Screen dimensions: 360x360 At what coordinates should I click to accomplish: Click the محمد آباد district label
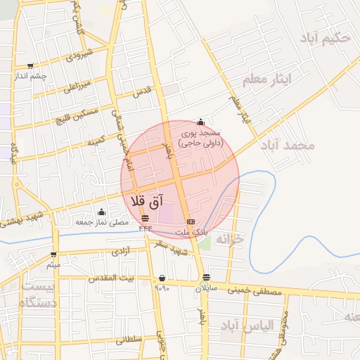(287, 145)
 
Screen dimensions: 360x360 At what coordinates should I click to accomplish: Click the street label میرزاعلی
(77, 87)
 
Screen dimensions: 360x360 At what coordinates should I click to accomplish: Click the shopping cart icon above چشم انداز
(30, 65)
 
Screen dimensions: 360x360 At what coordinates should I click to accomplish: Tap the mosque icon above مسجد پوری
(201, 122)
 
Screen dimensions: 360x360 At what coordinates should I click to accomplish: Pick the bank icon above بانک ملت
(191, 222)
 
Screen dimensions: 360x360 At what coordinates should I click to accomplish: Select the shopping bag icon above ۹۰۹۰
(162, 277)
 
